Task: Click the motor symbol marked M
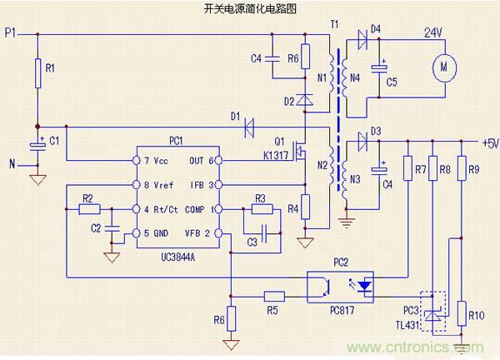pos(442,64)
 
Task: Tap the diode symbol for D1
pos(248,127)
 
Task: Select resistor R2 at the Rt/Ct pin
pos(87,208)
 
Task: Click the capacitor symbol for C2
pos(114,227)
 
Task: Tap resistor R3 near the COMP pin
pos(259,208)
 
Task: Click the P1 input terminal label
pos(10,32)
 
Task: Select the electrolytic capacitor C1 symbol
pos(37,144)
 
